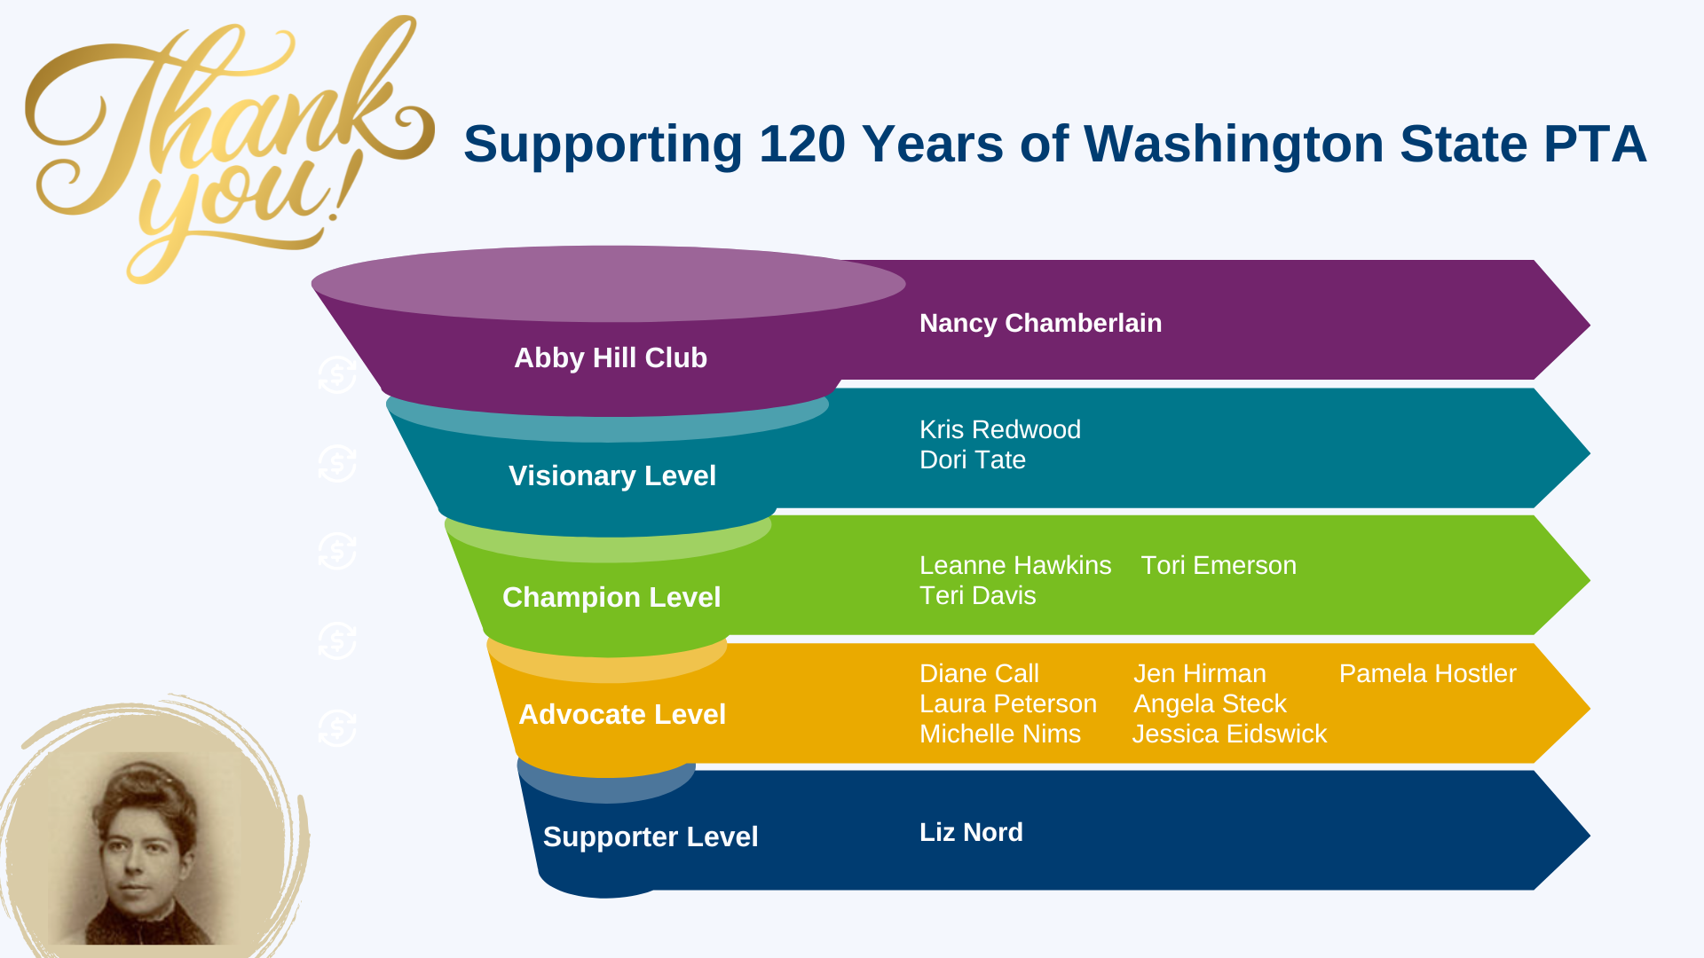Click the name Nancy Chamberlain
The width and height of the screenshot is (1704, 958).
pos(1040,323)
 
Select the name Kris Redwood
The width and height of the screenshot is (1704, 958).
pos(1000,429)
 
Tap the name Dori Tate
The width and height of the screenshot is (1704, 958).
pos(973,459)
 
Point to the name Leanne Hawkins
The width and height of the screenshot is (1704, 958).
pos(1015,565)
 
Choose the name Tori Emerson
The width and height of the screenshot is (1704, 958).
pos(1219,565)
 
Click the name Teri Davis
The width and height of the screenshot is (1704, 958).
pos(978,595)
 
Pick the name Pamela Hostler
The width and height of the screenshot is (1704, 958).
pos(1427,673)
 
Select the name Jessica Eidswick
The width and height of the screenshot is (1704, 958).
pos(1229,734)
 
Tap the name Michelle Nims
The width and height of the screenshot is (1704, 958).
pos(1000,734)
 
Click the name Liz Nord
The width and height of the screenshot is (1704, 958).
pos(971,832)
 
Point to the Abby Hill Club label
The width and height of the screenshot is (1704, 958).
pos(611,357)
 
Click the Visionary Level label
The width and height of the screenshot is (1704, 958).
pos(612,475)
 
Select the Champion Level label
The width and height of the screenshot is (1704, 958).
pos(611,597)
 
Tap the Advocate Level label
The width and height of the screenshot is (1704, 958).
pos(622,714)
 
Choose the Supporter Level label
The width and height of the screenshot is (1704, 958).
pos(651,836)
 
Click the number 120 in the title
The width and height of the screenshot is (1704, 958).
pos(801,144)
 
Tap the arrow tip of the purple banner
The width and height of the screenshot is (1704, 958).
pos(1590,326)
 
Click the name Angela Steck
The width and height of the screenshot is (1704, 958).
pos(1210,703)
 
